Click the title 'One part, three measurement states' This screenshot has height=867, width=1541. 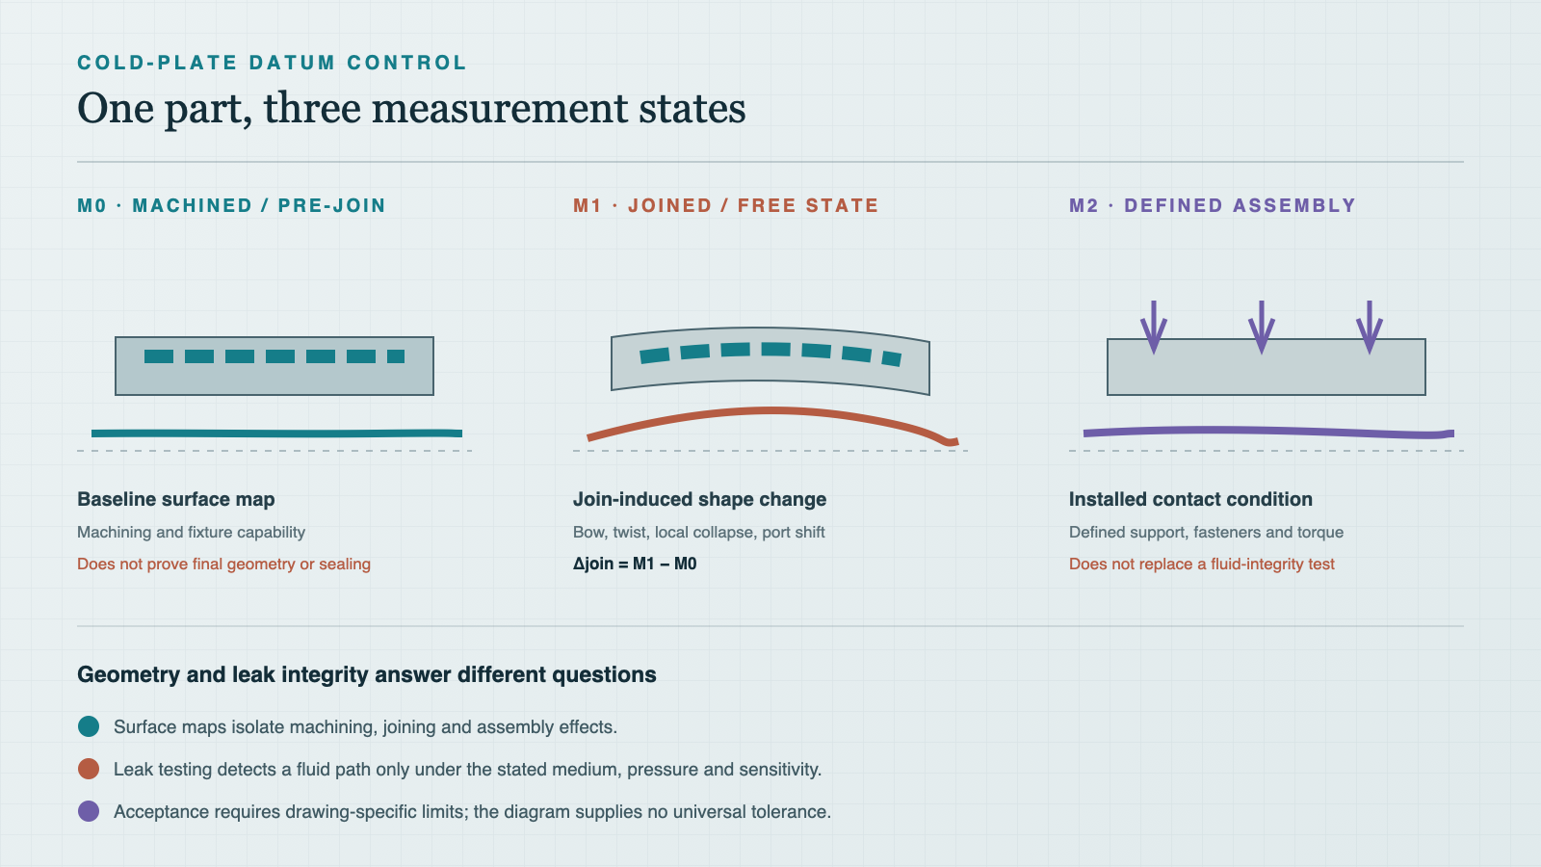[410, 109]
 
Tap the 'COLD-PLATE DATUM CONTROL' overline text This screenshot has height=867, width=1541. [272, 63]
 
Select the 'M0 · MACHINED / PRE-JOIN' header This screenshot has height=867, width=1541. [231, 206]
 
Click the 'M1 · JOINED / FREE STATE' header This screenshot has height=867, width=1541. [726, 206]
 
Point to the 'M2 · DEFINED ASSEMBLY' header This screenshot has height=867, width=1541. [1213, 206]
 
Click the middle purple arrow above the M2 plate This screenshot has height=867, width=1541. [1262, 328]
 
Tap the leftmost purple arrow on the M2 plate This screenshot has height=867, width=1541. [1154, 328]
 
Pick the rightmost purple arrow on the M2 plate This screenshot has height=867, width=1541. [1370, 328]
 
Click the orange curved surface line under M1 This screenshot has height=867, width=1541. [770, 411]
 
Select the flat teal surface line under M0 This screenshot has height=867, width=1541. [276, 433]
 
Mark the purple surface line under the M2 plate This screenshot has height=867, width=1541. [1268, 432]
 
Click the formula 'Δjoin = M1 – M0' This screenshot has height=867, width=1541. [635, 565]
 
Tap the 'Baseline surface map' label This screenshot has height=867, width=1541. [176, 500]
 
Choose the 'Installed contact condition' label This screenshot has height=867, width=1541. [1190, 500]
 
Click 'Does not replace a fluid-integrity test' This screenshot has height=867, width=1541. [1202, 565]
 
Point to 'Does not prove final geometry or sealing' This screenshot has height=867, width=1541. [223, 565]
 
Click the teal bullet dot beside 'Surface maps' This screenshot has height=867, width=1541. [89, 726]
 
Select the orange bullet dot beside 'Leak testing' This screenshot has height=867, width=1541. [89, 769]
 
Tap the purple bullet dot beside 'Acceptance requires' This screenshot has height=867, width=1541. [89, 811]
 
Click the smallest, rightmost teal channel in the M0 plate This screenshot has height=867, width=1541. [396, 356]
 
